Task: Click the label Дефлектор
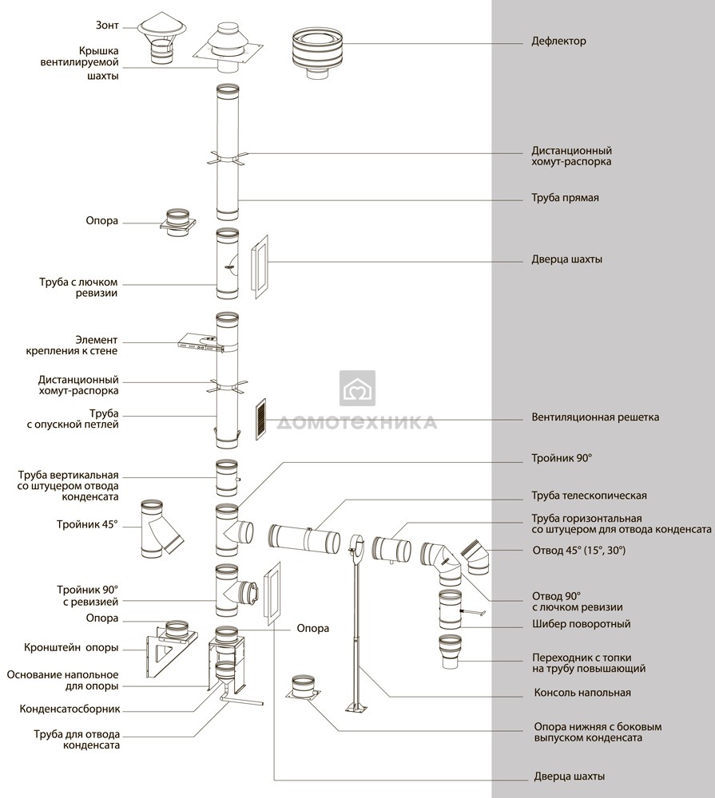tap(558, 41)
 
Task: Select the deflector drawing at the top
tap(317, 53)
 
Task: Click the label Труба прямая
tap(565, 198)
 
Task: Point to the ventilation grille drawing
tap(260, 419)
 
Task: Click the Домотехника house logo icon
tap(357, 388)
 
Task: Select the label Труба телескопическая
tap(589, 496)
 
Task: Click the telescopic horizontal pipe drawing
tap(304, 539)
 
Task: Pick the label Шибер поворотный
tap(582, 624)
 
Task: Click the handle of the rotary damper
tap(473, 612)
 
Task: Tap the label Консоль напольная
tap(582, 693)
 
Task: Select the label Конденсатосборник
tap(70, 709)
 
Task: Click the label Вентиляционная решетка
tap(595, 417)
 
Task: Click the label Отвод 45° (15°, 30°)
tap(579, 550)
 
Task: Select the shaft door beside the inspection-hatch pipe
tap(260, 267)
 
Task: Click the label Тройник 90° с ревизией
tap(88, 596)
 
